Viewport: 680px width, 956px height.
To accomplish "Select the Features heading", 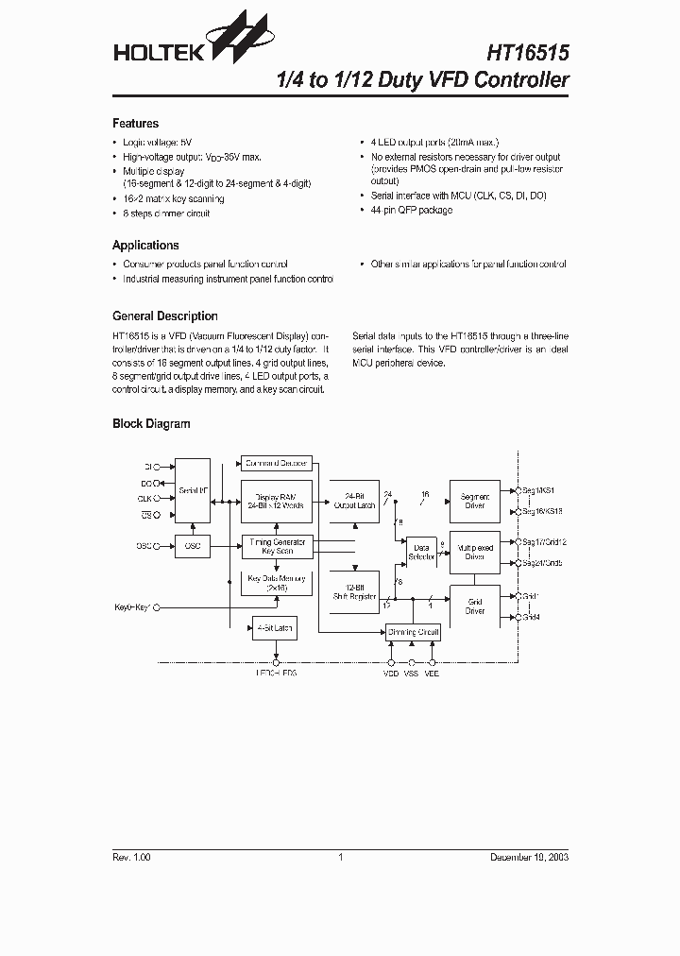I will click(x=135, y=124).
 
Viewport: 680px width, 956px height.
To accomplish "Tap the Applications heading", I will click(x=145, y=245).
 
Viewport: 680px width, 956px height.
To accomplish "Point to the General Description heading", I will click(x=164, y=316).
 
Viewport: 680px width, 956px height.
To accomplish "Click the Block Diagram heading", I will click(x=151, y=424).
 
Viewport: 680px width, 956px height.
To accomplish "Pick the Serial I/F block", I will click(x=194, y=491).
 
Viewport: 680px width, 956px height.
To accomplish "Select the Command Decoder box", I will click(x=276, y=464).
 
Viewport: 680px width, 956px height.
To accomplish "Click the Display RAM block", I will click(x=276, y=501).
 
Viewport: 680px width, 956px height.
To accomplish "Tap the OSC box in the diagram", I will click(x=194, y=547).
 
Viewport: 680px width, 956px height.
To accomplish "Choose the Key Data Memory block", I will click(x=276, y=583).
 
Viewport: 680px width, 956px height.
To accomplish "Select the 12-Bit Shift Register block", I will click(x=354, y=591).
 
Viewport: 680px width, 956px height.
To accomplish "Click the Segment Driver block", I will click(x=474, y=501).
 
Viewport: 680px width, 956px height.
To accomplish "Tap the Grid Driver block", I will click(x=474, y=606).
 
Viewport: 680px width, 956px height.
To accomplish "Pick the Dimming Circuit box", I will click(x=414, y=632).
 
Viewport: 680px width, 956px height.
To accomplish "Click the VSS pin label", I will click(x=411, y=674).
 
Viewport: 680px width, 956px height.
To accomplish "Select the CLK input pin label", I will click(x=145, y=498).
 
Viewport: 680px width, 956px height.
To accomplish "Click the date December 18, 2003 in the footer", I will click(x=529, y=857).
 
